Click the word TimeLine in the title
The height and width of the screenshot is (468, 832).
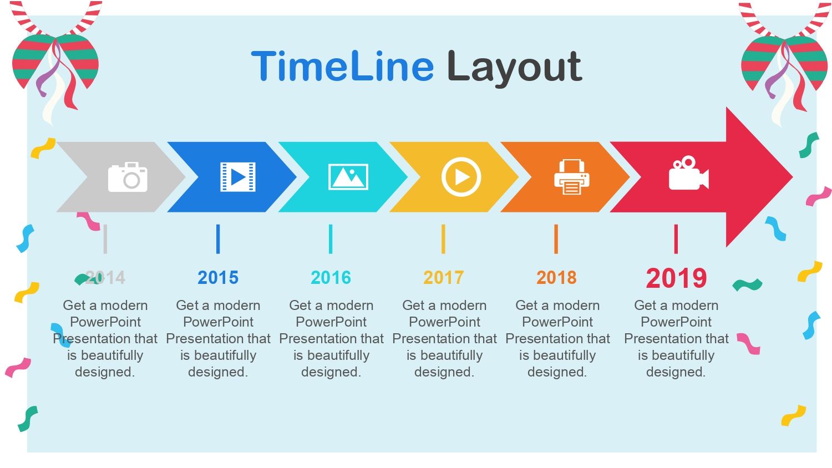pos(342,66)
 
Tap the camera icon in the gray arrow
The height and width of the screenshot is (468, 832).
pos(128,177)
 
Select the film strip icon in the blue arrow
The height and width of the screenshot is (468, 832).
pos(238,177)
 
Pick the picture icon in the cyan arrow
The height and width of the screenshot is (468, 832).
pos(348,177)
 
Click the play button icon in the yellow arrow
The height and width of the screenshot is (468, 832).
pos(461,177)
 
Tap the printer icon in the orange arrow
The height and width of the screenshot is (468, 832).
pos(572,177)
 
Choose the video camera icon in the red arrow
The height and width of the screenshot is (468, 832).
pos(689,173)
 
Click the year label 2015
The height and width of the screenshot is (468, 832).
pos(218,277)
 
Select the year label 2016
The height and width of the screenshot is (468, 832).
pos(331,277)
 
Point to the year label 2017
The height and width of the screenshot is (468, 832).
pos(444,277)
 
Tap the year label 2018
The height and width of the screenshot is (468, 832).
pos(556,277)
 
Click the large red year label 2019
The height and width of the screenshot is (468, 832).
pos(676,278)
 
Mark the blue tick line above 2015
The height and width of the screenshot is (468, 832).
pos(218,239)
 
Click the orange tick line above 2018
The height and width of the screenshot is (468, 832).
pos(556,239)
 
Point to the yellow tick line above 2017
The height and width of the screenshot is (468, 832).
pos(443,239)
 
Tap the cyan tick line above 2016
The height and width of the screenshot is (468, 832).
pos(331,239)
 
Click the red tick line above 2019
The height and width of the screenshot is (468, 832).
pos(676,239)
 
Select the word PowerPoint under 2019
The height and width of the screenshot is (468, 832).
pos(676,322)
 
